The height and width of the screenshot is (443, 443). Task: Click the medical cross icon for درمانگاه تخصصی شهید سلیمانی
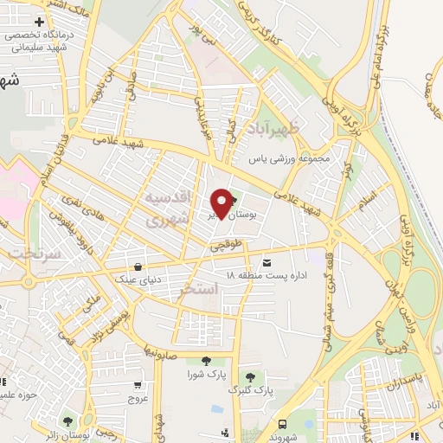point(40,21)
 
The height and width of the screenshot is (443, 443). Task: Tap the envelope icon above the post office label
point(266,261)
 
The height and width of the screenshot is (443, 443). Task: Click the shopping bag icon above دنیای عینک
point(139,266)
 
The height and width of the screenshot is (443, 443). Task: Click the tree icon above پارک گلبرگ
point(250,376)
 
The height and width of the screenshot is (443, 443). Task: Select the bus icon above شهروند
point(283,424)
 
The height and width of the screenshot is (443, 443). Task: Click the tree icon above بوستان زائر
point(67,421)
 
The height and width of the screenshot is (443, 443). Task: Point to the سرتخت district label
point(33,253)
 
